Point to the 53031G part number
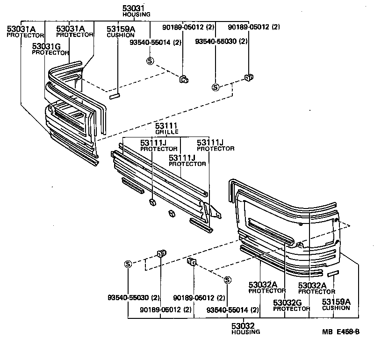pos(46,46)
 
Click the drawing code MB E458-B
pos(340,332)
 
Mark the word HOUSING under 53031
pos(136,14)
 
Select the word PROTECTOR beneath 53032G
pos(292,309)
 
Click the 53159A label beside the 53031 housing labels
pos(121,29)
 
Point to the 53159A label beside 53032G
pos(336,302)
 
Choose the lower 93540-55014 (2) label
pos(233,310)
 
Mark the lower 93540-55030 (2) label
pos(134,297)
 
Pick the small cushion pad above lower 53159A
pos(332,273)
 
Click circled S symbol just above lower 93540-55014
pos(227,280)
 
